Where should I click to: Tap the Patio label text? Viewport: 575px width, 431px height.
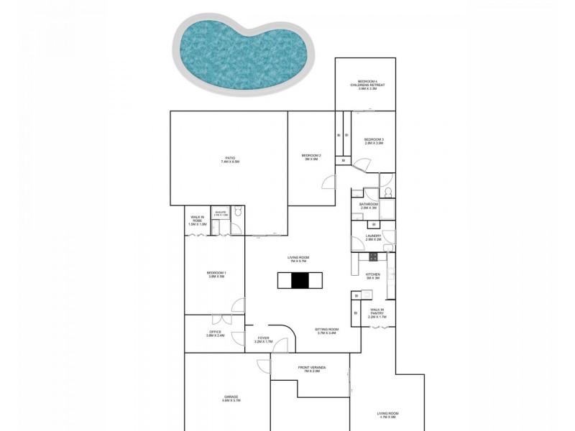click(230, 160)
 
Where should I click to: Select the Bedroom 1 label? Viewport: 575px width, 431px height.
click(216, 274)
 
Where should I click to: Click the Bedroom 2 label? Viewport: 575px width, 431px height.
click(310, 157)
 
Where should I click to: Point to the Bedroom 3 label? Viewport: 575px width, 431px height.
click(374, 141)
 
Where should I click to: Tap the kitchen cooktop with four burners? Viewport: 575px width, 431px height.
click(373, 256)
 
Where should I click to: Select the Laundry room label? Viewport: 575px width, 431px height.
click(372, 237)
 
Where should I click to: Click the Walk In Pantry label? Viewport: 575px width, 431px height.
click(377, 314)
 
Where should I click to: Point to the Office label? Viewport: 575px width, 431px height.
click(216, 333)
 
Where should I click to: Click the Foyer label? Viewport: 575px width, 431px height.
click(263, 340)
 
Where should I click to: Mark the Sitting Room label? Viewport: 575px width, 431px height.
click(326, 331)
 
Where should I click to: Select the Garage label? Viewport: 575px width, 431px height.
click(231, 399)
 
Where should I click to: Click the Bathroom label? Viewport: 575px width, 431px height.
click(369, 206)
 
